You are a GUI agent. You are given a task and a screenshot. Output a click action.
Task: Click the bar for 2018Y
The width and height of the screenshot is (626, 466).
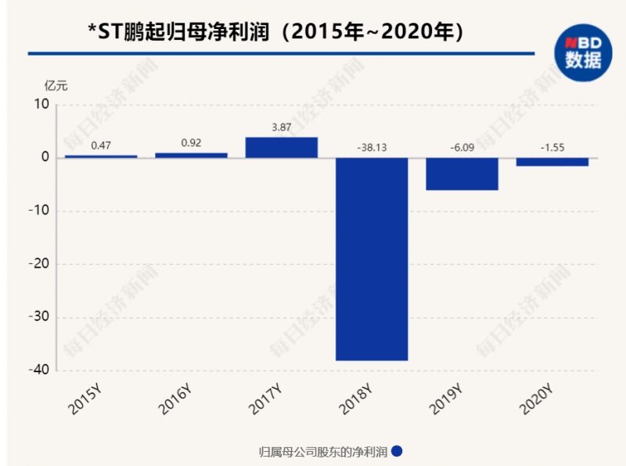(x=372, y=258)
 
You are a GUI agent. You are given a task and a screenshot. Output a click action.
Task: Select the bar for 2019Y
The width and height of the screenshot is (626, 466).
(x=462, y=174)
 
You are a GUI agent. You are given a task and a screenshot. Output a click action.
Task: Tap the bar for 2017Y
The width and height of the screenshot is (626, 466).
(x=282, y=147)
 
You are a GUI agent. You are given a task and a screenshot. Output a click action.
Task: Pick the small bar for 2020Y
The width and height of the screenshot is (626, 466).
(x=552, y=161)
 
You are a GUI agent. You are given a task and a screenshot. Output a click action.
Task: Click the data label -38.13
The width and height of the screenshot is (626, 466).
(x=372, y=146)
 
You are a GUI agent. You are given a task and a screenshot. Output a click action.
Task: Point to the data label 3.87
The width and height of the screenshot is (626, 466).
(x=282, y=126)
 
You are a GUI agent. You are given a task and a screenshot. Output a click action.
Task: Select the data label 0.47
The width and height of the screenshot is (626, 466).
(x=101, y=145)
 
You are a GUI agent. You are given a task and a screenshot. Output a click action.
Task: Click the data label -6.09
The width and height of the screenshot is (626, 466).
(x=462, y=146)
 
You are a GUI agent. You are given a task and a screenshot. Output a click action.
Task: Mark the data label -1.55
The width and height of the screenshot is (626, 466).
(x=552, y=146)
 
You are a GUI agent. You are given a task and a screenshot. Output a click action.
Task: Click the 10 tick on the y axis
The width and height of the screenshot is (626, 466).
(x=41, y=104)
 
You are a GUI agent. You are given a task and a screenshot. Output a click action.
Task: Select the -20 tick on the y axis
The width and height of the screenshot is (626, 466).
(x=38, y=264)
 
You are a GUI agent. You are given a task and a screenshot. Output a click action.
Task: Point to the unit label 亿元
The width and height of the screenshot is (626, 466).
(x=56, y=85)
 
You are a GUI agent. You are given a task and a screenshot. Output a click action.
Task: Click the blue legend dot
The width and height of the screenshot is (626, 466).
(x=397, y=451)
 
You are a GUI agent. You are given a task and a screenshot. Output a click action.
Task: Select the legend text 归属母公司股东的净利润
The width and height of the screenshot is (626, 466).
(x=323, y=452)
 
